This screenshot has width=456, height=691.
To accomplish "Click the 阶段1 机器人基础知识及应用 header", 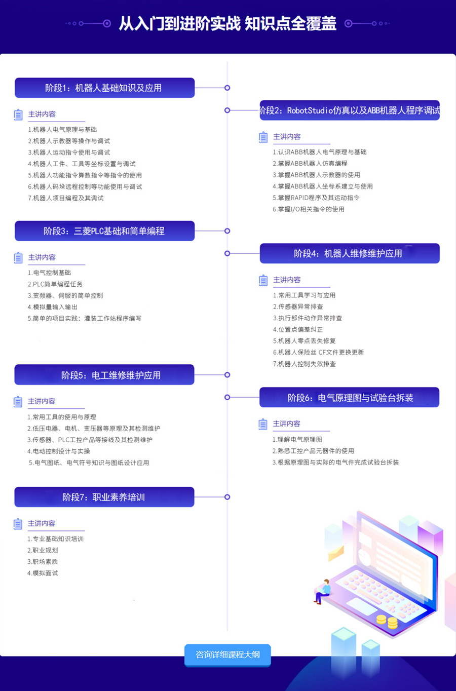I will [104, 88].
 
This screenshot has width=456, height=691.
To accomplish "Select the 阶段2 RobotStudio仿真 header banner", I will [350, 110].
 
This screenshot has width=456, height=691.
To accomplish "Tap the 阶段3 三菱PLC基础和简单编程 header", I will [104, 231].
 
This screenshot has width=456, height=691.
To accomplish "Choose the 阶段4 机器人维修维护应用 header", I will [350, 253].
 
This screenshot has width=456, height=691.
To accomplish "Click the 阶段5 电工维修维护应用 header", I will [104, 375].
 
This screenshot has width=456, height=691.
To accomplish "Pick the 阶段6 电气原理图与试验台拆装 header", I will [350, 398].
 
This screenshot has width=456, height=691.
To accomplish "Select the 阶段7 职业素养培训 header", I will [104, 497].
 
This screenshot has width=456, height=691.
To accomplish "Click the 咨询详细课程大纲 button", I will [227, 655].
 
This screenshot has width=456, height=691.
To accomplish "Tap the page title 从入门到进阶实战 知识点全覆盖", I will [227, 23].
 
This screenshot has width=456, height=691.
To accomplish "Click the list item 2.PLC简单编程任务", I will [55, 284].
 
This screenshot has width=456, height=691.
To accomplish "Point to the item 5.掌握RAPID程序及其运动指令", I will [316, 198].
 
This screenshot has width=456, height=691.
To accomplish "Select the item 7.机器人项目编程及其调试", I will [66, 198].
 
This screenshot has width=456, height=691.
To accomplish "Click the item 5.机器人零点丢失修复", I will [304, 341].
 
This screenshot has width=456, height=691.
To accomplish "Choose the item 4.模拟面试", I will [43, 573].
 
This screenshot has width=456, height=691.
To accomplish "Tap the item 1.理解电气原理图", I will [297, 439].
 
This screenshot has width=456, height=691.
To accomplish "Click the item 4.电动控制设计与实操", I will [59, 451].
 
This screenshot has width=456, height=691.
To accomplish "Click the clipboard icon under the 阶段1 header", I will [18, 114].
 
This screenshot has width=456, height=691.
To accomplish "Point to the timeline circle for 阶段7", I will [227, 497].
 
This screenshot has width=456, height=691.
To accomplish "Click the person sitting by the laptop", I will [323, 591].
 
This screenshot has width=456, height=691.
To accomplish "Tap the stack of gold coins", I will [387, 621].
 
